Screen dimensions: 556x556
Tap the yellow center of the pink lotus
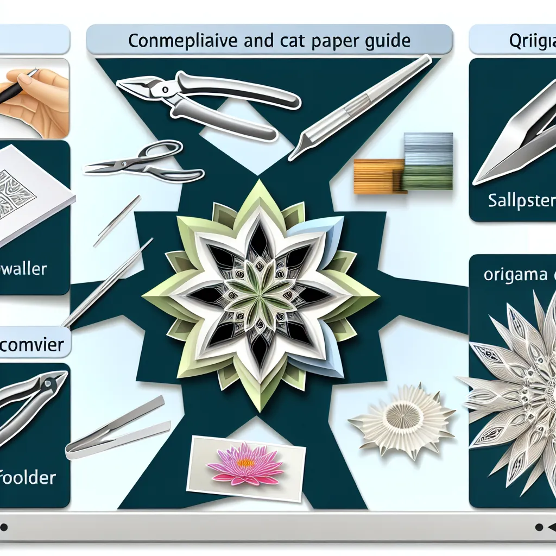point(245,463)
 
